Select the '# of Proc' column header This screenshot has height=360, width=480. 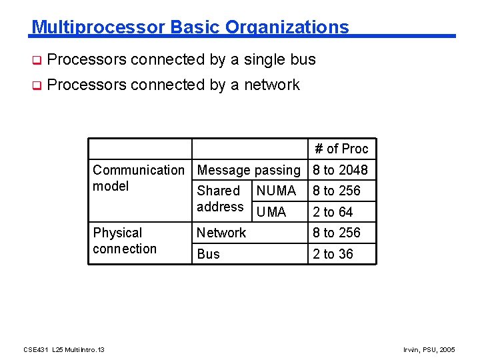click(341, 149)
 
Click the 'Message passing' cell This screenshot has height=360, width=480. click(249, 170)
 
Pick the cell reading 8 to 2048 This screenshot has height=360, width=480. click(340, 170)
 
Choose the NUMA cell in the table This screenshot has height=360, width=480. click(276, 191)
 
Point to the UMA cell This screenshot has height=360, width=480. click(271, 212)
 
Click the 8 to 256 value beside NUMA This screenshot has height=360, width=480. click(337, 191)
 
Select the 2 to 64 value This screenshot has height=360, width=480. click(333, 212)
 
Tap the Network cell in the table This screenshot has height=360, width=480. click(221, 233)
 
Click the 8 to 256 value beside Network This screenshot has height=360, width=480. click(337, 233)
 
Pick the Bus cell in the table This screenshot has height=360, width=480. click(208, 254)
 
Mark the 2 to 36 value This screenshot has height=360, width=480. click(333, 254)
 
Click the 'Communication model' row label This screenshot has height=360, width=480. click(137, 178)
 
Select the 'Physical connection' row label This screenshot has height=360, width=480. click(125, 241)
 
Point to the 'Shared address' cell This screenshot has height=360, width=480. click(220, 199)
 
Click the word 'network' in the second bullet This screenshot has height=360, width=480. click(272, 85)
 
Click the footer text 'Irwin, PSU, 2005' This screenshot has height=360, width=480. click(431, 349)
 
